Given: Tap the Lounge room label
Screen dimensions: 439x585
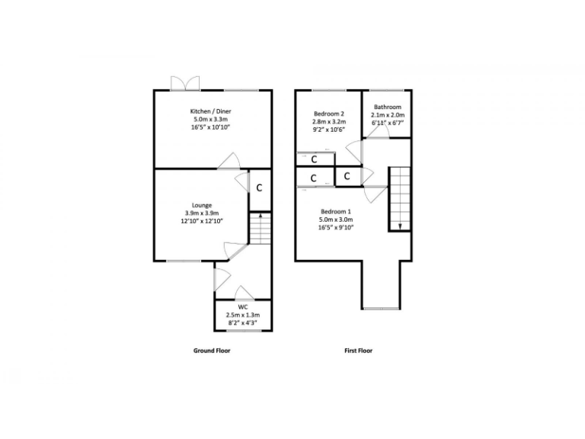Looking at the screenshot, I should click(x=202, y=205).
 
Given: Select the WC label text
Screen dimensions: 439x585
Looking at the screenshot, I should click(x=243, y=306).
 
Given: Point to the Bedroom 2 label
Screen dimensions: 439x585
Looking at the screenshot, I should click(x=328, y=114).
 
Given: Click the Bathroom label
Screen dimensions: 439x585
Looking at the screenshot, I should click(x=387, y=107).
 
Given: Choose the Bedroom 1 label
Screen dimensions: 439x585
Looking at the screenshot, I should click(x=336, y=211).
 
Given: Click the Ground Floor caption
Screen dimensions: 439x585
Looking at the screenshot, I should click(x=211, y=351).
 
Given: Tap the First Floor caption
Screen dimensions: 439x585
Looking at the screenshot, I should click(x=359, y=351).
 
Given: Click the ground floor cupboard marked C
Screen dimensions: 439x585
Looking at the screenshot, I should click(x=259, y=187).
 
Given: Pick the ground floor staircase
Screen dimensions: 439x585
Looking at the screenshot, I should click(x=260, y=229).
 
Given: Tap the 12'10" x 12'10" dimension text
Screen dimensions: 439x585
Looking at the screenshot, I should click(x=202, y=222).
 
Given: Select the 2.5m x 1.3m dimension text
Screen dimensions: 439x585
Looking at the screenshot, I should click(x=243, y=315).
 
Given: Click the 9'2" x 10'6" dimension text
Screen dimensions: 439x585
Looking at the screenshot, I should click(x=328, y=130).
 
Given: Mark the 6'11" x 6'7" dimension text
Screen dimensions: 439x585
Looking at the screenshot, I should click(x=387, y=123).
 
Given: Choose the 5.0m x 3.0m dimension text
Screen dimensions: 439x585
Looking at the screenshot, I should click(x=336, y=219).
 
